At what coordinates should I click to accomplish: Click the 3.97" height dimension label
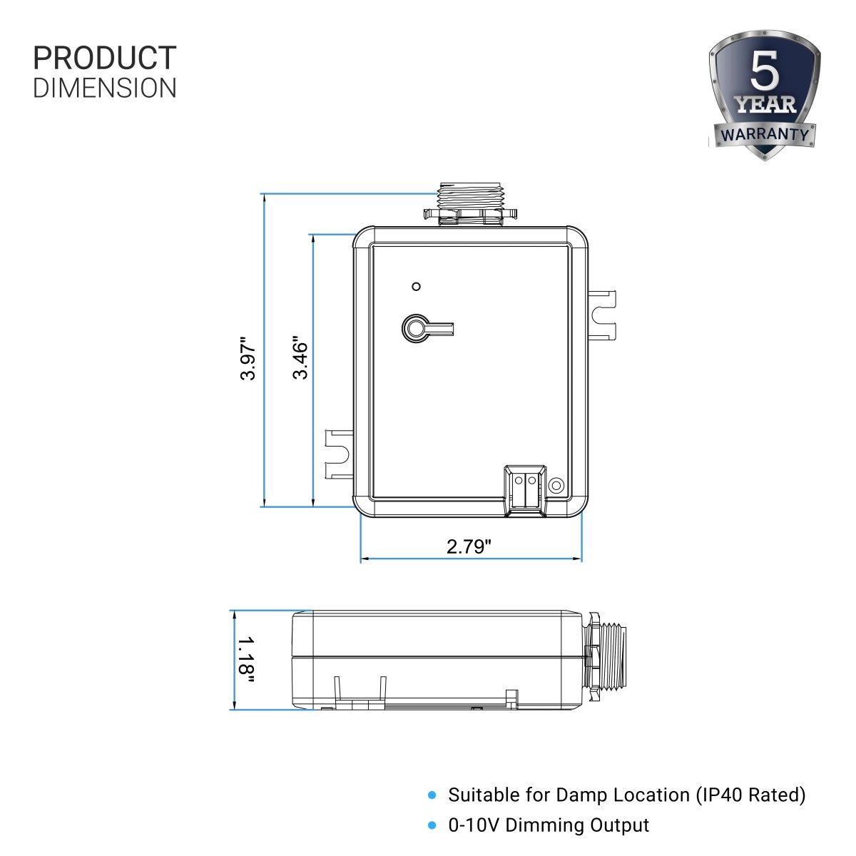tap(248, 358)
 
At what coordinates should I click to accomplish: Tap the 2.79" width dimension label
tap(469, 547)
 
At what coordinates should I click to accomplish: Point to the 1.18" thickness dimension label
tap(246, 660)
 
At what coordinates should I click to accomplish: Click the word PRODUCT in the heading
tap(105, 58)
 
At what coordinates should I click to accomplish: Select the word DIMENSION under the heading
tap(105, 88)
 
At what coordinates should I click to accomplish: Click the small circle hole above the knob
tap(417, 287)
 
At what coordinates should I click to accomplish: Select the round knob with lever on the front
tap(414, 328)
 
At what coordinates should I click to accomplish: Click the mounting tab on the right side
tap(602, 314)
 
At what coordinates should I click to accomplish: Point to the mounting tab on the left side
tap(339, 454)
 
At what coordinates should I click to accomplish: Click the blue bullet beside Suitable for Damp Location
tap(431, 795)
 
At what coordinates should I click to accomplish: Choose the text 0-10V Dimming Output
tap(549, 825)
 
